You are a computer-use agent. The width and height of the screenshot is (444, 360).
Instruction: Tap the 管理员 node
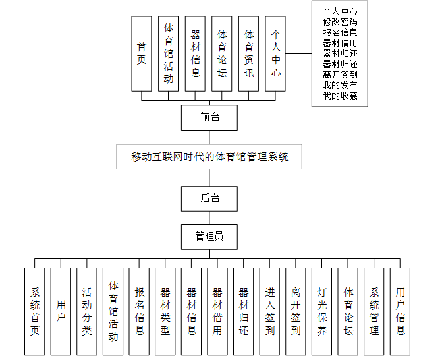[209, 236]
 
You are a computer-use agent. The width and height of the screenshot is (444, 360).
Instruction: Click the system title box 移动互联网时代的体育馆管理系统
[209, 157]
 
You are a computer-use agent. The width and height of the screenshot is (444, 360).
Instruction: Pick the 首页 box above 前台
[142, 53]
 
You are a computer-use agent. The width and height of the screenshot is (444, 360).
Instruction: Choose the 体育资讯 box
[248, 53]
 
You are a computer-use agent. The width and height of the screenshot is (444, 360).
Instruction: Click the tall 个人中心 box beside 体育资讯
[275, 53]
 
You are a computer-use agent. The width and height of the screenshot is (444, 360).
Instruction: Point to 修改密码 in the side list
[340, 22]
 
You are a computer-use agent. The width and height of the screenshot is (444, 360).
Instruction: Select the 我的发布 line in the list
[340, 86]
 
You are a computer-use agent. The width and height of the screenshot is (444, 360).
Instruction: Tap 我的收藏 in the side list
[340, 96]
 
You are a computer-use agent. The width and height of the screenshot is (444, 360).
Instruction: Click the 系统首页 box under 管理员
[35, 312]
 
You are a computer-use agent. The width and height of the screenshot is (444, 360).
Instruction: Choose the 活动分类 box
[87, 312]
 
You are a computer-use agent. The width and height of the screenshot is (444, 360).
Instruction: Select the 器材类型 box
[165, 312]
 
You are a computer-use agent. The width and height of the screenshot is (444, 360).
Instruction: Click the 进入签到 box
[269, 312]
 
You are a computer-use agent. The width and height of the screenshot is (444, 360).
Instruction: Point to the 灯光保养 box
[321, 312]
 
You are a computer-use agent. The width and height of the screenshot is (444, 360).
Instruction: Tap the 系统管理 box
[374, 312]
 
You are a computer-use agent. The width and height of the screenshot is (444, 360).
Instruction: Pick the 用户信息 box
[400, 312]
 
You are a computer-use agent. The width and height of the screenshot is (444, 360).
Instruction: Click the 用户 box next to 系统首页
[61, 312]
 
